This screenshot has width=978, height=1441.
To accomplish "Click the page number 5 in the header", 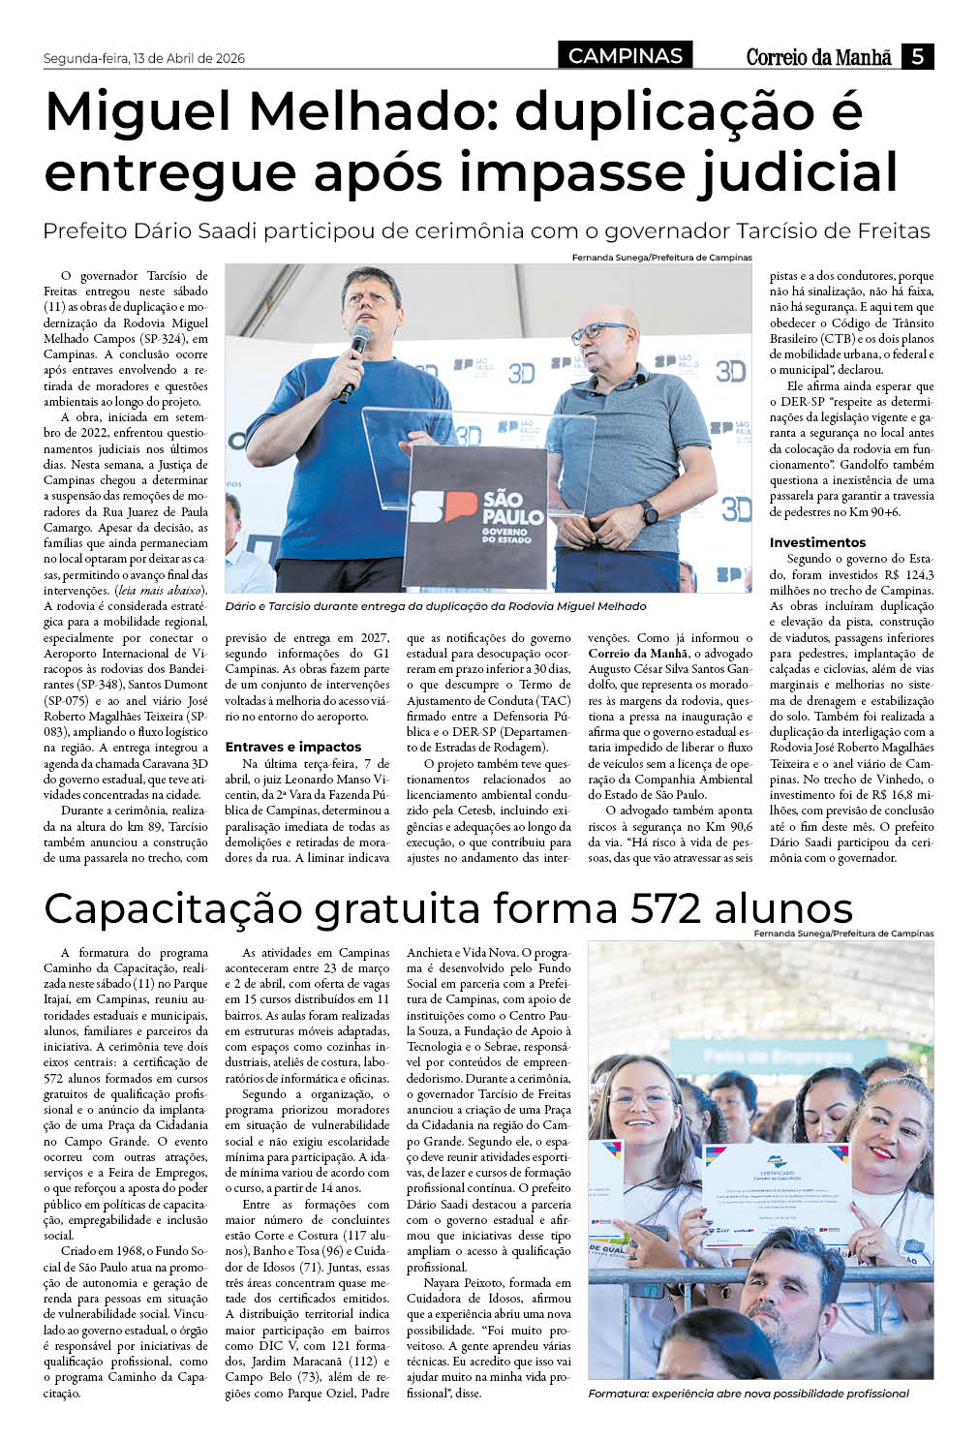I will (x=917, y=56).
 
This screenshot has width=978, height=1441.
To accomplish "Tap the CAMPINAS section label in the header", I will (x=626, y=56).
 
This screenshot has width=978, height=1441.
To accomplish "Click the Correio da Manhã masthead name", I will (x=818, y=57).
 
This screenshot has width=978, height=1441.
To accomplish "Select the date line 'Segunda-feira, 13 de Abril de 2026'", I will (x=144, y=58).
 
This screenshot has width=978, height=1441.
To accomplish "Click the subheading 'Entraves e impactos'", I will (x=293, y=747).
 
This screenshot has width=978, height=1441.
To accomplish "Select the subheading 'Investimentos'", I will (x=817, y=542).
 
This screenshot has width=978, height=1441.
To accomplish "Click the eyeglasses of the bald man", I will (x=597, y=332).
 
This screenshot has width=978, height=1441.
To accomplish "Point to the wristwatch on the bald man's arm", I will (x=649, y=511).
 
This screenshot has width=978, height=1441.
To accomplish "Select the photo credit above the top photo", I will (x=661, y=258).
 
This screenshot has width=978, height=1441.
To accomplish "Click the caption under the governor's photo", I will (x=435, y=606).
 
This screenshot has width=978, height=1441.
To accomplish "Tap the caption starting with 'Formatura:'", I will (x=749, y=1393).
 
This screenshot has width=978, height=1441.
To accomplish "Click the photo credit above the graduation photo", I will (x=843, y=934).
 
